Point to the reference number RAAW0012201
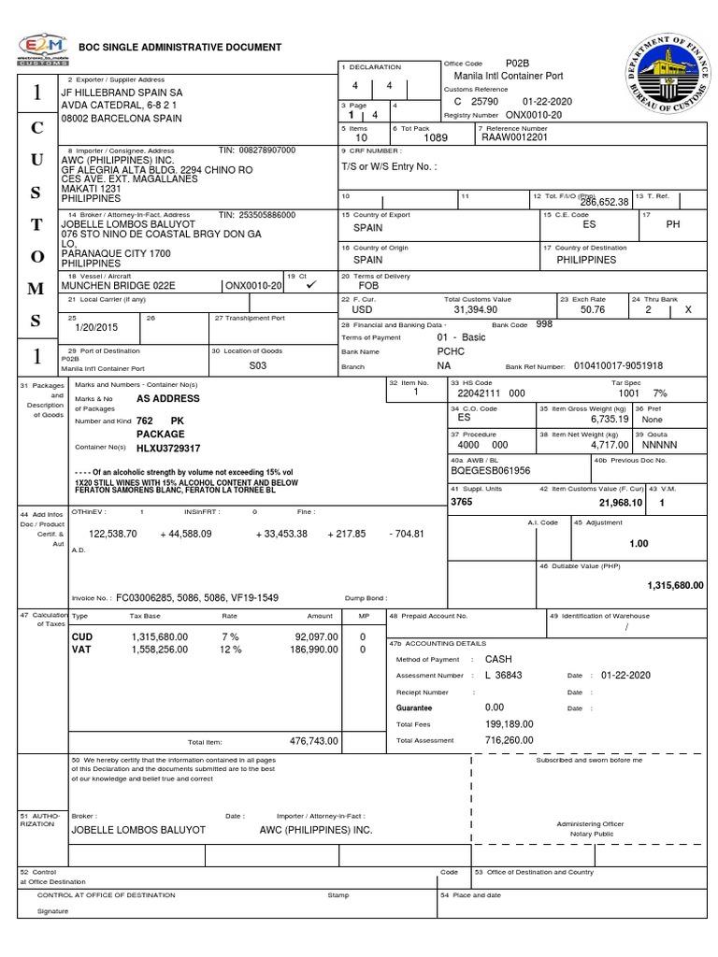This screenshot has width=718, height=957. click(x=513, y=136)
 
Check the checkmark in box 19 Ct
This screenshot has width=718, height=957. click(x=310, y=284)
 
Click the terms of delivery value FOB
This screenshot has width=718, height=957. click(x=368, y=285)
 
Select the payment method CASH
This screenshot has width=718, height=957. click(x=499, y=659)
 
